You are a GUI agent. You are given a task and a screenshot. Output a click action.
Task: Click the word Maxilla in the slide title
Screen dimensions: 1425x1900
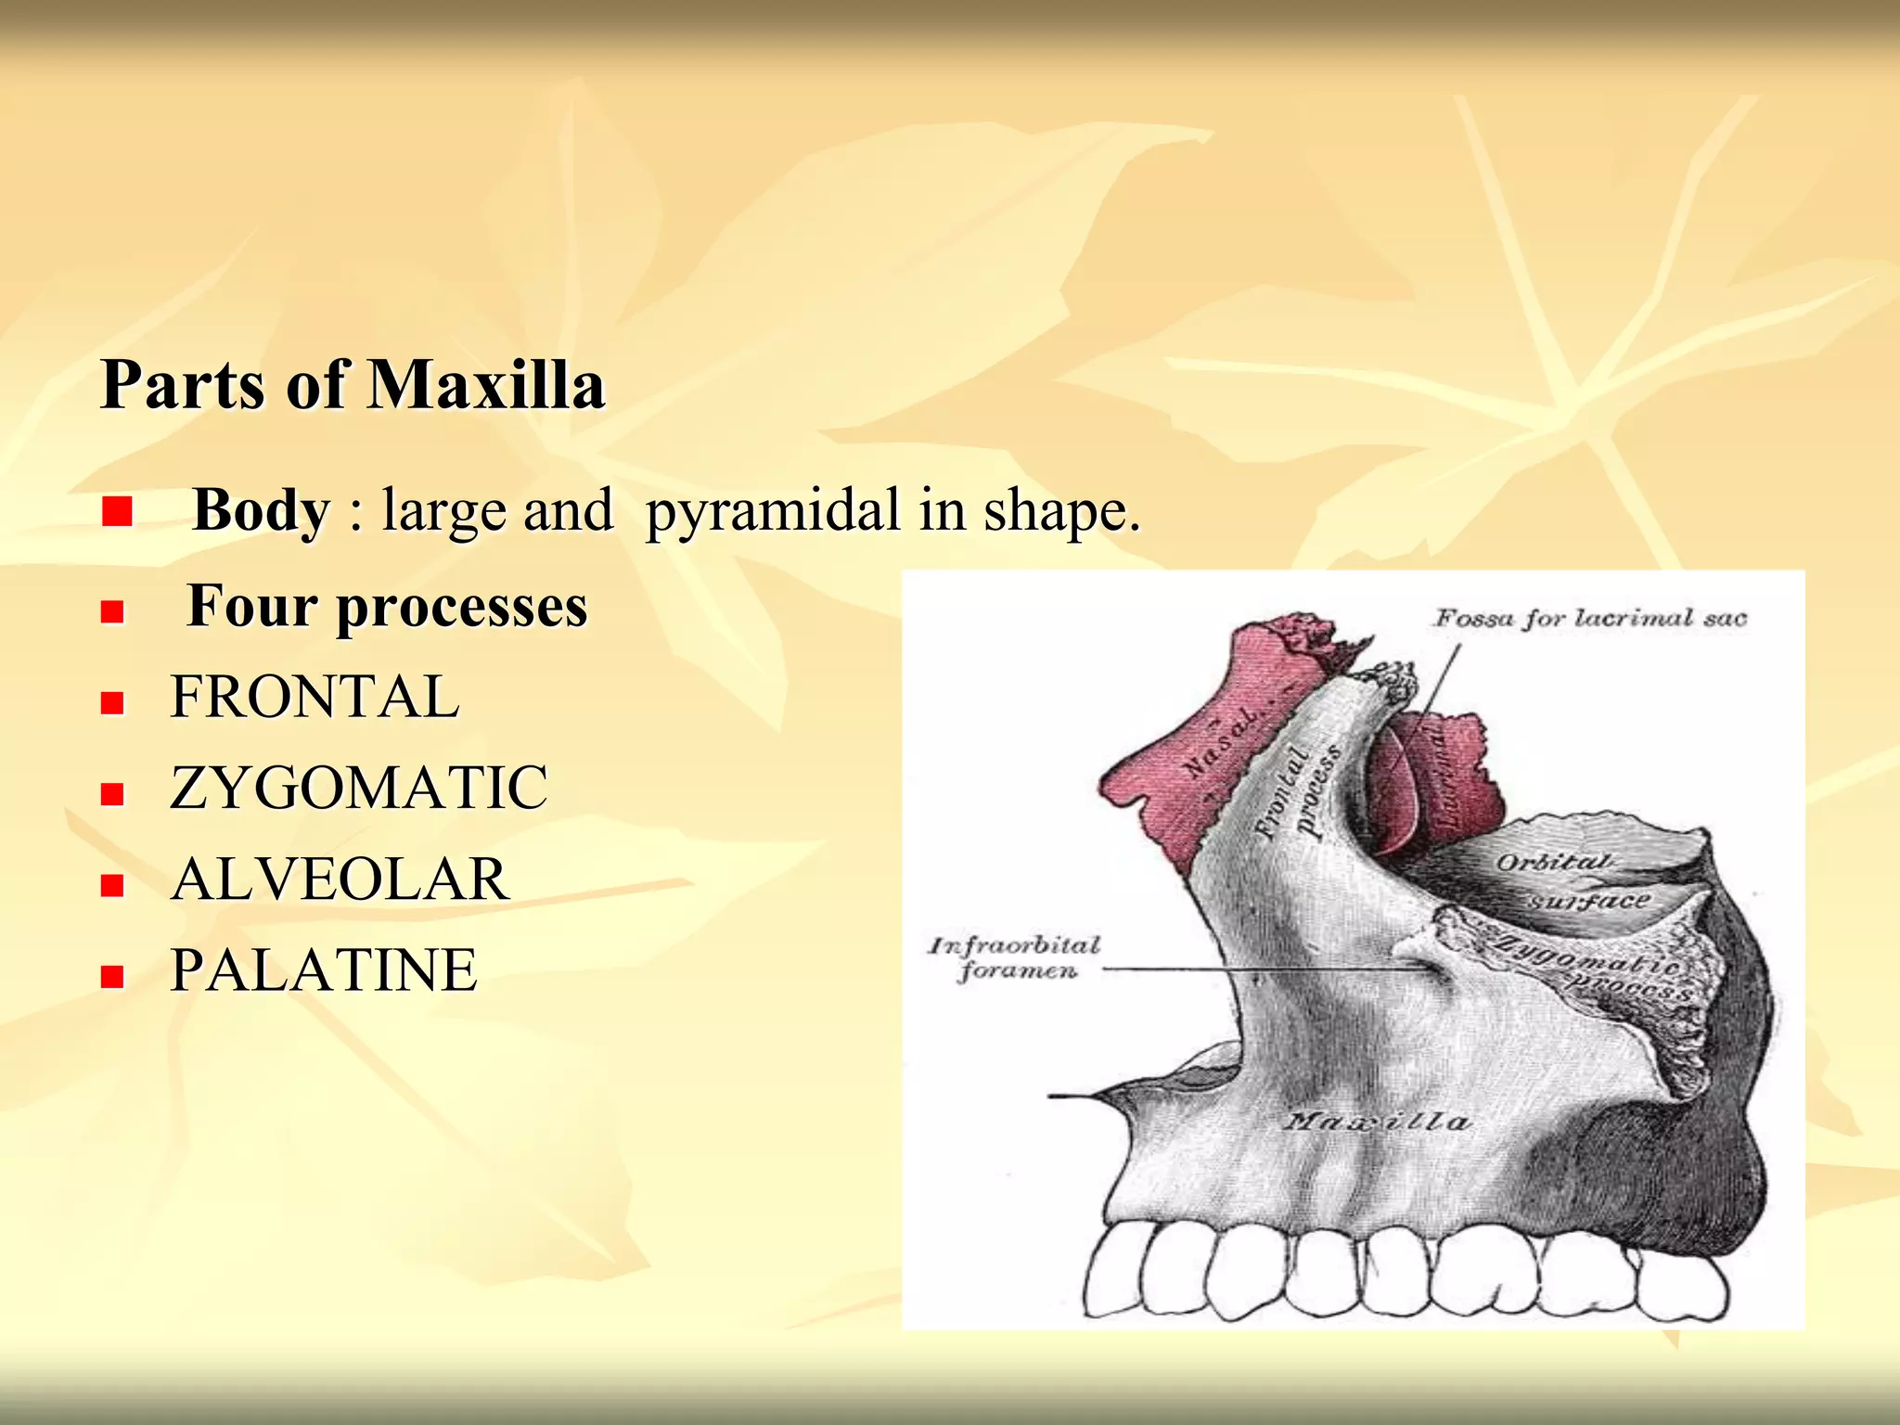pos(486,384)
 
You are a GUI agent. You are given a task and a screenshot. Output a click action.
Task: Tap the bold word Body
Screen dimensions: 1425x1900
pos(261,509)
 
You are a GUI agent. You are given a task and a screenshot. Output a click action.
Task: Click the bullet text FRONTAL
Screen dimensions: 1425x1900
pos(315,697)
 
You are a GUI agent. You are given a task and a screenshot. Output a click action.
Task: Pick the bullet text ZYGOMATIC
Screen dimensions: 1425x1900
pos(359,788)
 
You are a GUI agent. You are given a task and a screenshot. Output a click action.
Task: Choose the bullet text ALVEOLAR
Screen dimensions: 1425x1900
pos(340,879)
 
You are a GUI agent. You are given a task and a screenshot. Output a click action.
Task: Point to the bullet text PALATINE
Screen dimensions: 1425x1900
pos(324,970)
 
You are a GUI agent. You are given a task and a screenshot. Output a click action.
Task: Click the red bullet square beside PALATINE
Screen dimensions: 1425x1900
pos(113,976)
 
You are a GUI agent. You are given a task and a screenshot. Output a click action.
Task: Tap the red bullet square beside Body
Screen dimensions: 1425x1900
pos(117,512)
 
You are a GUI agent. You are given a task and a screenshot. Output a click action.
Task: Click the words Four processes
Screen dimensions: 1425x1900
pos(387,607)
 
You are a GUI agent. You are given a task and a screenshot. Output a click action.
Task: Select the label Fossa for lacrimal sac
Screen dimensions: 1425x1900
pos(1590,618)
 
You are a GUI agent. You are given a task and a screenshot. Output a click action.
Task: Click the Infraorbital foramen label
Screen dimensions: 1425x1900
pos(1015,957)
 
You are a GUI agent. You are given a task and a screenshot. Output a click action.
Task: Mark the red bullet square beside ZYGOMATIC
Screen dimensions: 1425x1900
pos(113,793)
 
